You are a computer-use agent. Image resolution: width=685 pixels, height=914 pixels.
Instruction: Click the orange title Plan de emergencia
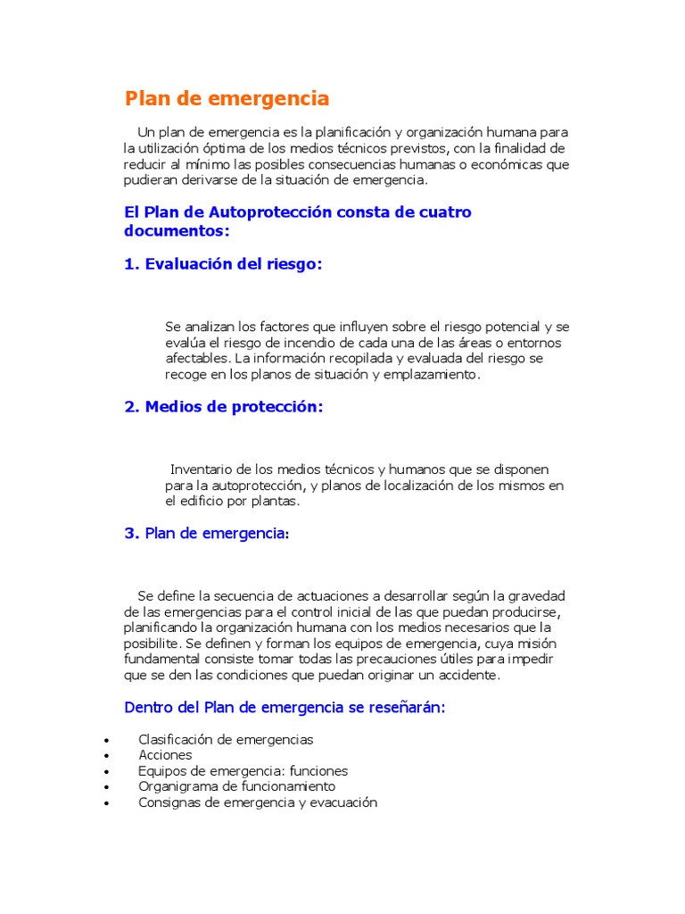coord(227,98)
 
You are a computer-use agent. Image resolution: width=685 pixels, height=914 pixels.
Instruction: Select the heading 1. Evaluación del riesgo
coord(223,264)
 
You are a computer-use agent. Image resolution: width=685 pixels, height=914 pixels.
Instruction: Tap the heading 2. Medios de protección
coord(223,406)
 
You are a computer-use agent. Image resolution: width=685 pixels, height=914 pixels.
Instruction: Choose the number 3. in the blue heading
coord(131,533)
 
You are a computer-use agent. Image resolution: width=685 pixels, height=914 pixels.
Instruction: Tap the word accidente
coord(471,675)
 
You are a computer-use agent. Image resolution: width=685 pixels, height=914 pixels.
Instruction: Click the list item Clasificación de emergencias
coord(226,739)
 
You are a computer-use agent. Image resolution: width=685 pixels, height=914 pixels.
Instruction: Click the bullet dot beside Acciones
coord(107,756)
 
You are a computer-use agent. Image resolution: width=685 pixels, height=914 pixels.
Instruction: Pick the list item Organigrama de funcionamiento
coord(236,786)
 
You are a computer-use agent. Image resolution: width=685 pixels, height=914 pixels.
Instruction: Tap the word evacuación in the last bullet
coord(342,802)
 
